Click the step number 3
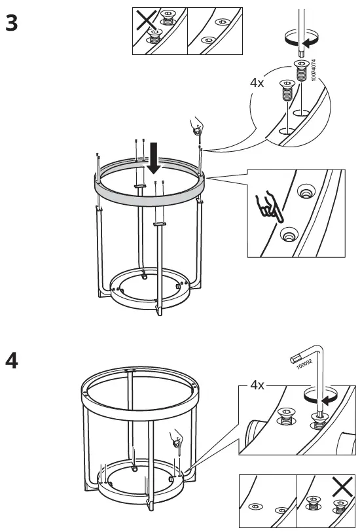[x=12, y=23]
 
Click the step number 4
[x=12, y=361]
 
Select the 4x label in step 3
[x=258, y=84]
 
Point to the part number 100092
[x=303, y=363]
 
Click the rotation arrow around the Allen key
[x=319, y=397]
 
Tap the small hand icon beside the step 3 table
[x=195, y=128]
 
